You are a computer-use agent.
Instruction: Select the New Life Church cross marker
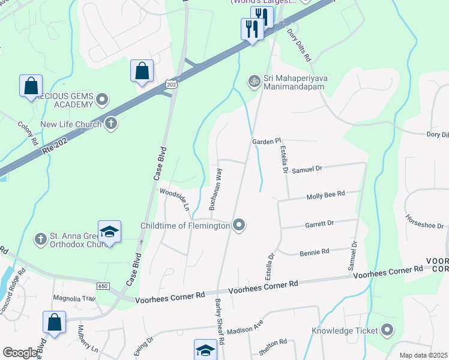coord(110,124)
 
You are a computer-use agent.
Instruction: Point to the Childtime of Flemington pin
coord(239,226)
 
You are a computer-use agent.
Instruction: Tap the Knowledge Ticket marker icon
coord(387,330)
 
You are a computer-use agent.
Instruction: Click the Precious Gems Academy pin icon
coord(102,99)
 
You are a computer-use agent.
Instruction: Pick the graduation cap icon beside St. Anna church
coord(109,232)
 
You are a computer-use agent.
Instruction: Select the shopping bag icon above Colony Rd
coord(31,85)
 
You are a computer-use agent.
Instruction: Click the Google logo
coord(20,353)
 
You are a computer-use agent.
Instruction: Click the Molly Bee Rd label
coord(325,195)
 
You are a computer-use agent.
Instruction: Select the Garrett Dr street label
coord(319,223)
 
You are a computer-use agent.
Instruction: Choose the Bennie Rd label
coord(315,251)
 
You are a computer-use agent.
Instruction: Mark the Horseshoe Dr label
coord(424,222)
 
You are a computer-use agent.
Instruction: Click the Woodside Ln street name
coord(174,199)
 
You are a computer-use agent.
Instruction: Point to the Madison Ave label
coord(245,330)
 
